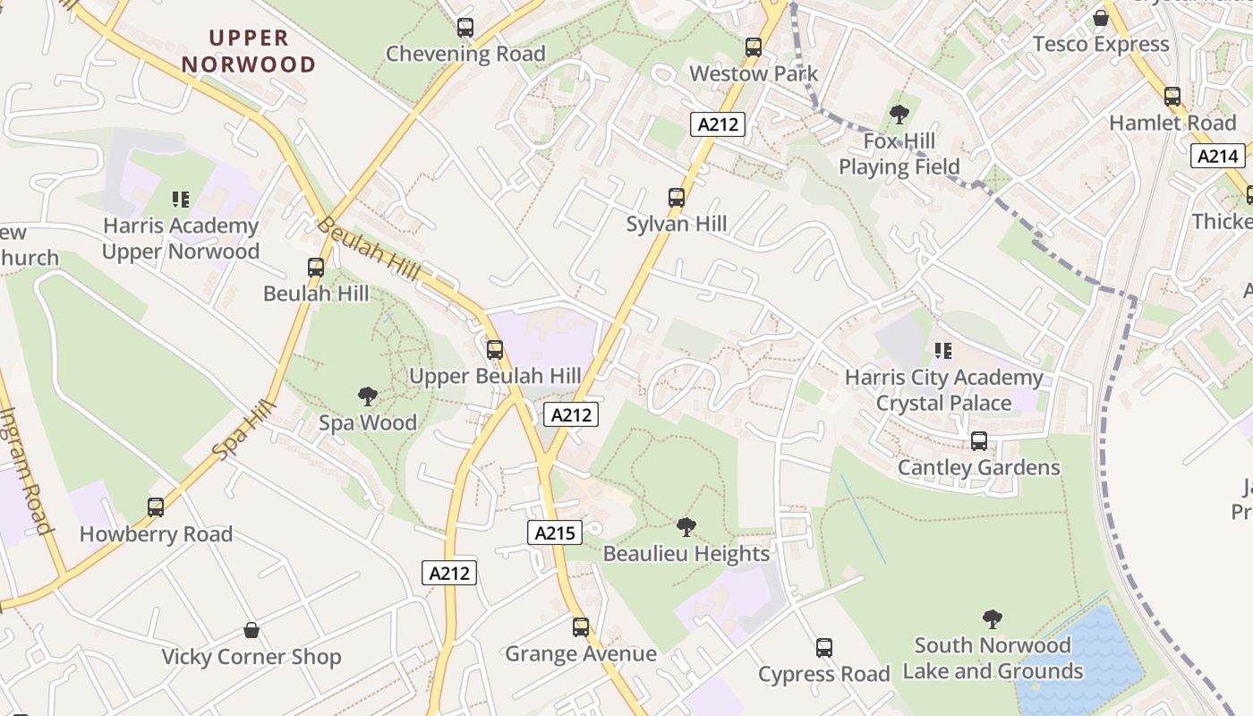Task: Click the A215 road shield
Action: click(x=555, y=533)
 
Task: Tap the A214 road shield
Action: click(x=1218, y=157)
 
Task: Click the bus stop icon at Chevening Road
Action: click(x=465, y=28)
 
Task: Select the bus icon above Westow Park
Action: click(x=754, y=47)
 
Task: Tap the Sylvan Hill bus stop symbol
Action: click(x=677, y=198)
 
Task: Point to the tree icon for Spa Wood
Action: click(x=367, y=396)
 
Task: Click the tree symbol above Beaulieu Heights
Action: click(x=686, y=527)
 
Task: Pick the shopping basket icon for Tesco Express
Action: click(x=1101, y=18)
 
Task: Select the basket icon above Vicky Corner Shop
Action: click(x=251, y=631)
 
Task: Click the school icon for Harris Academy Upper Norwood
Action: click(x=181, y=199)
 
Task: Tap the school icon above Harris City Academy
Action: click(x=943, y=351)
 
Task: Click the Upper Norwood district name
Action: click(x=249, y=51)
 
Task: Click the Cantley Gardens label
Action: click(x=978, y=468)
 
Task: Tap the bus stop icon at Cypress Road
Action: click(x=824, y=648)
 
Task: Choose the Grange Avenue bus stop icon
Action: click(x=581, y=627)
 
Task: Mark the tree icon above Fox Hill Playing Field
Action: click(x=899, y=115)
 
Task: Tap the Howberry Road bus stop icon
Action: click(x=156, y=507)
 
